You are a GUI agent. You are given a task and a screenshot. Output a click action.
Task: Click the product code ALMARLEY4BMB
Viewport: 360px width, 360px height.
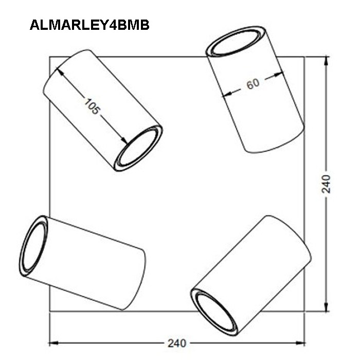tap(89, 25)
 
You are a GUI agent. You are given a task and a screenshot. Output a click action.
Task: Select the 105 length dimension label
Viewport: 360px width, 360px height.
tap(92, 106)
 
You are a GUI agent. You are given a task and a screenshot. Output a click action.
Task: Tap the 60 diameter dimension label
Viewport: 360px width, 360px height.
tap(253, 83)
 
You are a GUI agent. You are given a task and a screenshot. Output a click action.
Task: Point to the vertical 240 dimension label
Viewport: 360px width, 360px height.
tap(326, 184)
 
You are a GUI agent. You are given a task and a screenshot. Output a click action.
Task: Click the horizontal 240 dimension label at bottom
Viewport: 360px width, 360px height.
tap(177, 344)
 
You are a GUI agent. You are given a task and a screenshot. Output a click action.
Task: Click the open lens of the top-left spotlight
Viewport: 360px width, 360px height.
tap(138, 148)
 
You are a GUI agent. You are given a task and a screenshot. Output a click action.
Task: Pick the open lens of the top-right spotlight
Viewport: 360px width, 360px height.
tap(236, 42)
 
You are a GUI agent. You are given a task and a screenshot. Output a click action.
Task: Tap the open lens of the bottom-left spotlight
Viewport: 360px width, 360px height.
tap(34, 246)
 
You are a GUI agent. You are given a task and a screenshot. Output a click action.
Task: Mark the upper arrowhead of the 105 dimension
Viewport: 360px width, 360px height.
tap(60, 71)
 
